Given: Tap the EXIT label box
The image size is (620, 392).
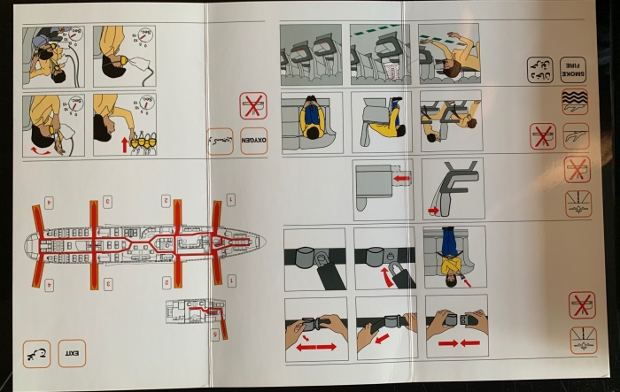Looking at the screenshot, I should [x=72, y=354].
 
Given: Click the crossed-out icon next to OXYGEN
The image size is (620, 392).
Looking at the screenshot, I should [x=252, y=106].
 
